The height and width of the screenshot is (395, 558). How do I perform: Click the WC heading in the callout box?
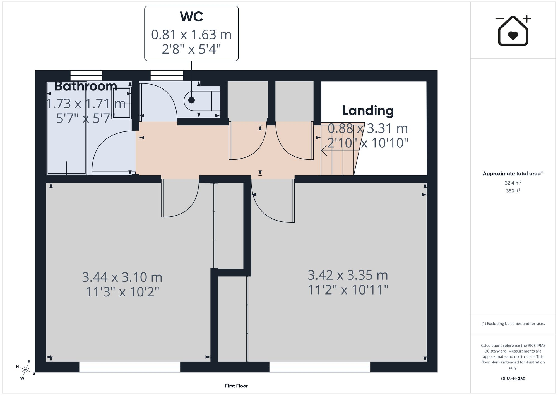pos(191,17)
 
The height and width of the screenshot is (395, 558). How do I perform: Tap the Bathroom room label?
pos(86,86)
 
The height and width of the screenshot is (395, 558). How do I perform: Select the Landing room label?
pos(368,111)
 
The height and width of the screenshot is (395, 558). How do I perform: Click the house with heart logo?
pos(513,30)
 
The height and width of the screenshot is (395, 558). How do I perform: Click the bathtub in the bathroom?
pos(67,128)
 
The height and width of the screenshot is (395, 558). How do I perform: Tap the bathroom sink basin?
pos(122,103)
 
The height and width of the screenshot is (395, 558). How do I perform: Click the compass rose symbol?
pos(26,370)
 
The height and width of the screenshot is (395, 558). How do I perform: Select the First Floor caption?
pos(236,386)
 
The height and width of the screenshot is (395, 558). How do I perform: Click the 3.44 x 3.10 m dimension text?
pos(122,277)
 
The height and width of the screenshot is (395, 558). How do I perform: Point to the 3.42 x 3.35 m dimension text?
pos(348,275)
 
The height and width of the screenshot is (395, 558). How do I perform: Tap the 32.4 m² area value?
pos(513,183)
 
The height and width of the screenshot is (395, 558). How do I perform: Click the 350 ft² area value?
pos(513,191)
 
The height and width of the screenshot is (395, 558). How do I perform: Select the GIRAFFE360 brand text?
pos(513,379)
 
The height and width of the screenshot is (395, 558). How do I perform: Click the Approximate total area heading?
pos(513,173)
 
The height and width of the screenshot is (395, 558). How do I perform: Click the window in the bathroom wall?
pos(86,76)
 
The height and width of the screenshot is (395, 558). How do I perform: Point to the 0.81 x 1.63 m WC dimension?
pos(191,35)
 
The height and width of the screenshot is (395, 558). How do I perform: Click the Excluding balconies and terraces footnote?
pos(513,324)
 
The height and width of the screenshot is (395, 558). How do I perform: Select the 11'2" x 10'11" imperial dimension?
pos(348,290)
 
